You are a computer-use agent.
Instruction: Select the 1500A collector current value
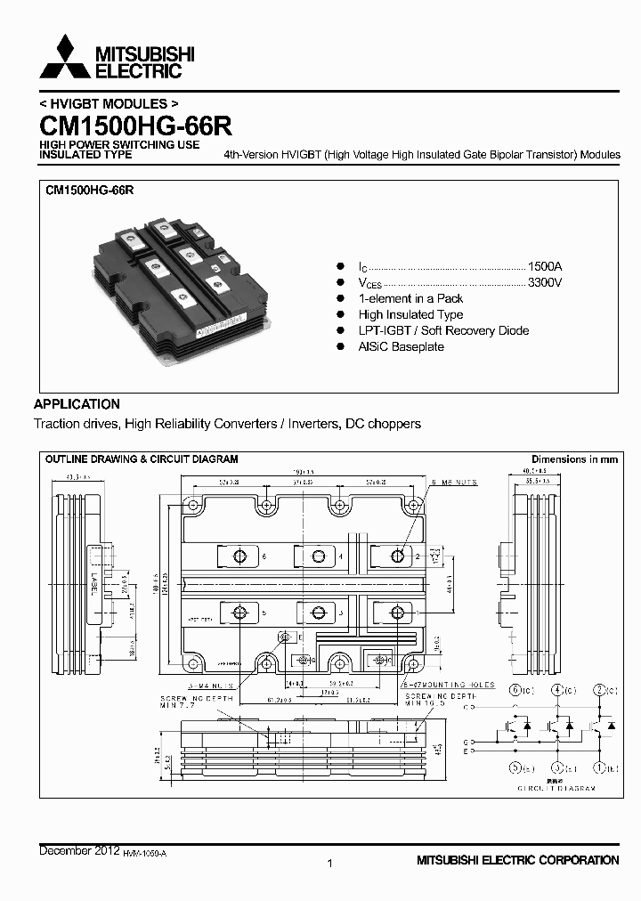click(545, 266)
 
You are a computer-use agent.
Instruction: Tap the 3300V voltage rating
click(545, 282)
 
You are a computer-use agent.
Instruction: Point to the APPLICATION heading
click(77, 403)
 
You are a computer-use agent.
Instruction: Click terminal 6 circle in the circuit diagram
click(515, 690)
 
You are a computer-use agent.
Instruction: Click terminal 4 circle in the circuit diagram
click(557, 690)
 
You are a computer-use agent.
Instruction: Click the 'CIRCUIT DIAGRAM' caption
click(556, 789)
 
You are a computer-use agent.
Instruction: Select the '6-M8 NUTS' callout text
click(455, 482)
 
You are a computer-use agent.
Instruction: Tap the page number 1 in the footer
click(330, 863)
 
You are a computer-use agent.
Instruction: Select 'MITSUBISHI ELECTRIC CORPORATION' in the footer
click(517, 860)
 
